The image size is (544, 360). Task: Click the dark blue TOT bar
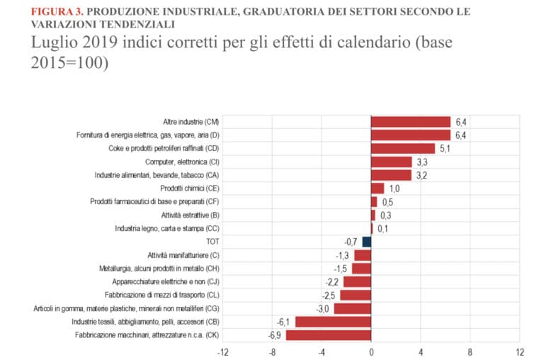366,242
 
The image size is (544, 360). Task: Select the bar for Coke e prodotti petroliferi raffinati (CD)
402,148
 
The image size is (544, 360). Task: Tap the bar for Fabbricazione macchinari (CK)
328,335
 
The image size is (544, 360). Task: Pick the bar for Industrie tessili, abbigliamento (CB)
333,322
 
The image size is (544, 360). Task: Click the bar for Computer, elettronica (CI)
391,162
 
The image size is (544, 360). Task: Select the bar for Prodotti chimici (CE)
377,189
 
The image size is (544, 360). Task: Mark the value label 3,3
421,162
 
